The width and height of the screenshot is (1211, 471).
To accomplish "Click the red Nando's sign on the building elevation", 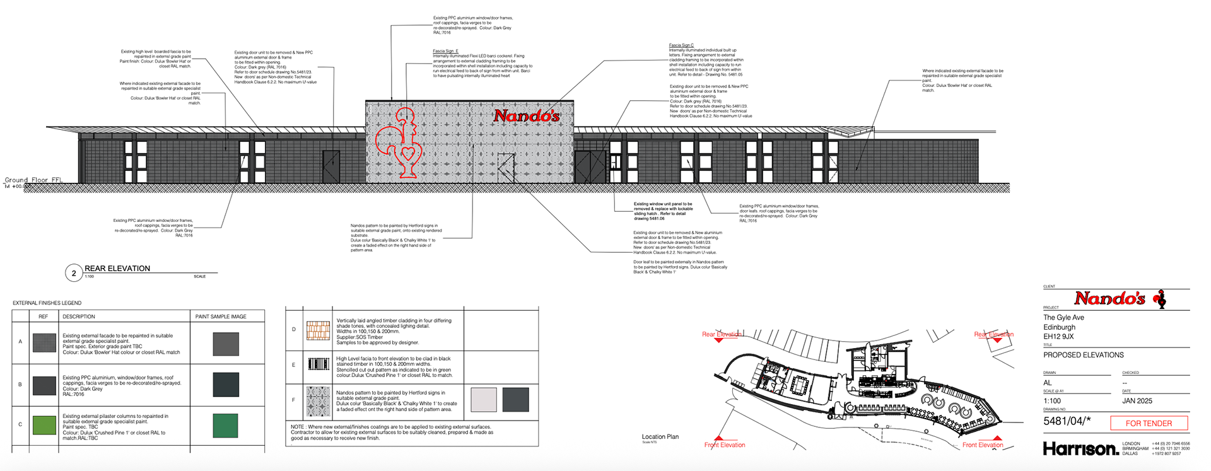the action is (x=527, y=115).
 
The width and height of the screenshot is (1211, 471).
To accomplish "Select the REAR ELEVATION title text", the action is (x=117, y=269).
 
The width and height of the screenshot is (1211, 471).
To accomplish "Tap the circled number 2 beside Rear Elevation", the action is (x=74, y=273).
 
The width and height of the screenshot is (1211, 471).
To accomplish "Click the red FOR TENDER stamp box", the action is (x=1149, y=423).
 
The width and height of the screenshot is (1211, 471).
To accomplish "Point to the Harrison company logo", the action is (x=1080, y=448).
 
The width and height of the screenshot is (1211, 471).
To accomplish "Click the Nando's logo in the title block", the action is (x=1120, y=298).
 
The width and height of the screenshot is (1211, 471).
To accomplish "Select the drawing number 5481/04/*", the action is (x=1067, y=421).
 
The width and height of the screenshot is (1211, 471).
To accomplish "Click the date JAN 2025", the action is (x=1137, y=400).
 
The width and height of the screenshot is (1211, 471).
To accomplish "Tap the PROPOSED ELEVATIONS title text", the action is (x=1083, y=355).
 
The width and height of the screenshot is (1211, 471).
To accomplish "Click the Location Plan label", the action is (x=660, y=436).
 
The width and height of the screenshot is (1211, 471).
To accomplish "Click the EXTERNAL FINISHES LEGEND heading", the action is (x=47, y=303).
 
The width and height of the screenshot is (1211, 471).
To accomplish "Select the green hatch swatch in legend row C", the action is (x=44, y=424).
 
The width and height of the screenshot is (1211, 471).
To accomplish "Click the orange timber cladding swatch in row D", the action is (x=318, y=330).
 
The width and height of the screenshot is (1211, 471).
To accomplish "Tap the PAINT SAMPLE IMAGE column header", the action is (x=221, y=317).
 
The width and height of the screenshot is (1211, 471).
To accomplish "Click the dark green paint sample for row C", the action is (x=225, y=426).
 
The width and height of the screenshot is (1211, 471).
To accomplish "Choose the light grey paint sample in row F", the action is (x=484, y=400).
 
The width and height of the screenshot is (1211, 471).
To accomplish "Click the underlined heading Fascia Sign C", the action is (x=681, y=45).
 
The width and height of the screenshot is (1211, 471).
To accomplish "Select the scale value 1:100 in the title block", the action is (x=1052, y=400).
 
